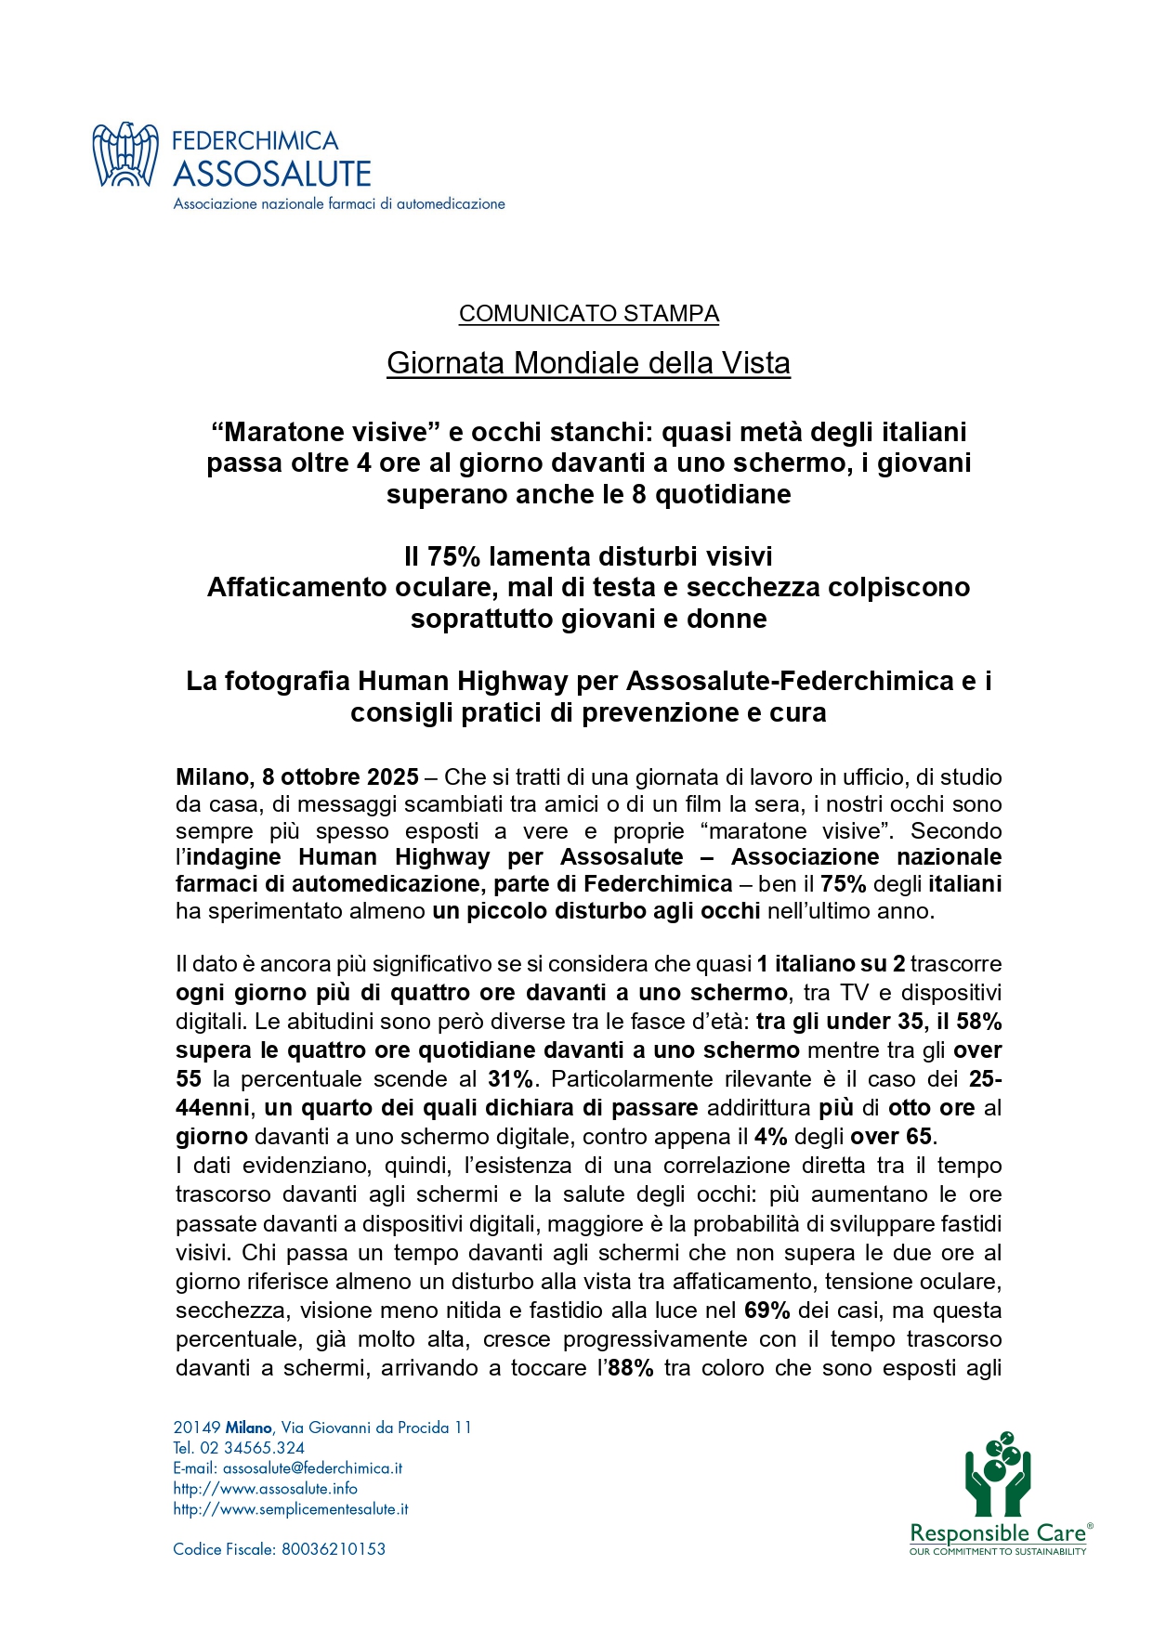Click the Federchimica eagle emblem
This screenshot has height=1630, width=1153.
tap(125, 155)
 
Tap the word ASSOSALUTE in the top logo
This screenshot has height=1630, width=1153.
tap(272, 174)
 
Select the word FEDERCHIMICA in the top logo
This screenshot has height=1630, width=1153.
tap(255, 140)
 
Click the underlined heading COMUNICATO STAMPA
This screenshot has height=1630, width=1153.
tap(588, 314)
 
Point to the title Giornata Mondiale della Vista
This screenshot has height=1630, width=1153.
tap(588, 362)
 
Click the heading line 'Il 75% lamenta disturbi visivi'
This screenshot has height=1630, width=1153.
tap(588, 556)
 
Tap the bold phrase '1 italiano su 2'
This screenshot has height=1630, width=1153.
tap(831, 964)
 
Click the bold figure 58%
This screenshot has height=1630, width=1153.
tap(978, 1022)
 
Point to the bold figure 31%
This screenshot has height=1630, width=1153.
tap(511, 1079)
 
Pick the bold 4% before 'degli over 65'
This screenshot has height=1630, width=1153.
tap(771, 1137)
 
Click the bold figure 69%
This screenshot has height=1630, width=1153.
tap(767, 1311)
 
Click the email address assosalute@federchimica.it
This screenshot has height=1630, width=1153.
tap(312, 1468)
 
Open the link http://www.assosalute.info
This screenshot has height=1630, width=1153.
tap(265, 1489)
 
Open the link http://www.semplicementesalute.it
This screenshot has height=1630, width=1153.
tap(291, 1509)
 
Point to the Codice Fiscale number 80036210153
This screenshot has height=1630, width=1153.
tap(334, 1549)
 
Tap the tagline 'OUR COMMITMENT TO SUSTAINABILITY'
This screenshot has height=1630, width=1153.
tap(998, 1552)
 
